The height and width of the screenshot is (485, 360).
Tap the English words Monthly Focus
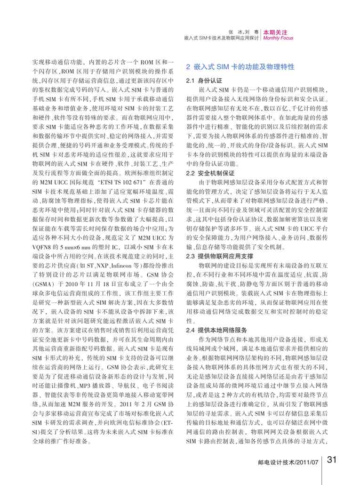click(x=278, y=38)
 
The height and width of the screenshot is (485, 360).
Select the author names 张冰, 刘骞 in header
click(x=244, y=32)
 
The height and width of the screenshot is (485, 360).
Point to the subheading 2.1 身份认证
click(x=200, y=81)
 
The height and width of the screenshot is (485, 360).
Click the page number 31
click(x=333, y=459)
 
